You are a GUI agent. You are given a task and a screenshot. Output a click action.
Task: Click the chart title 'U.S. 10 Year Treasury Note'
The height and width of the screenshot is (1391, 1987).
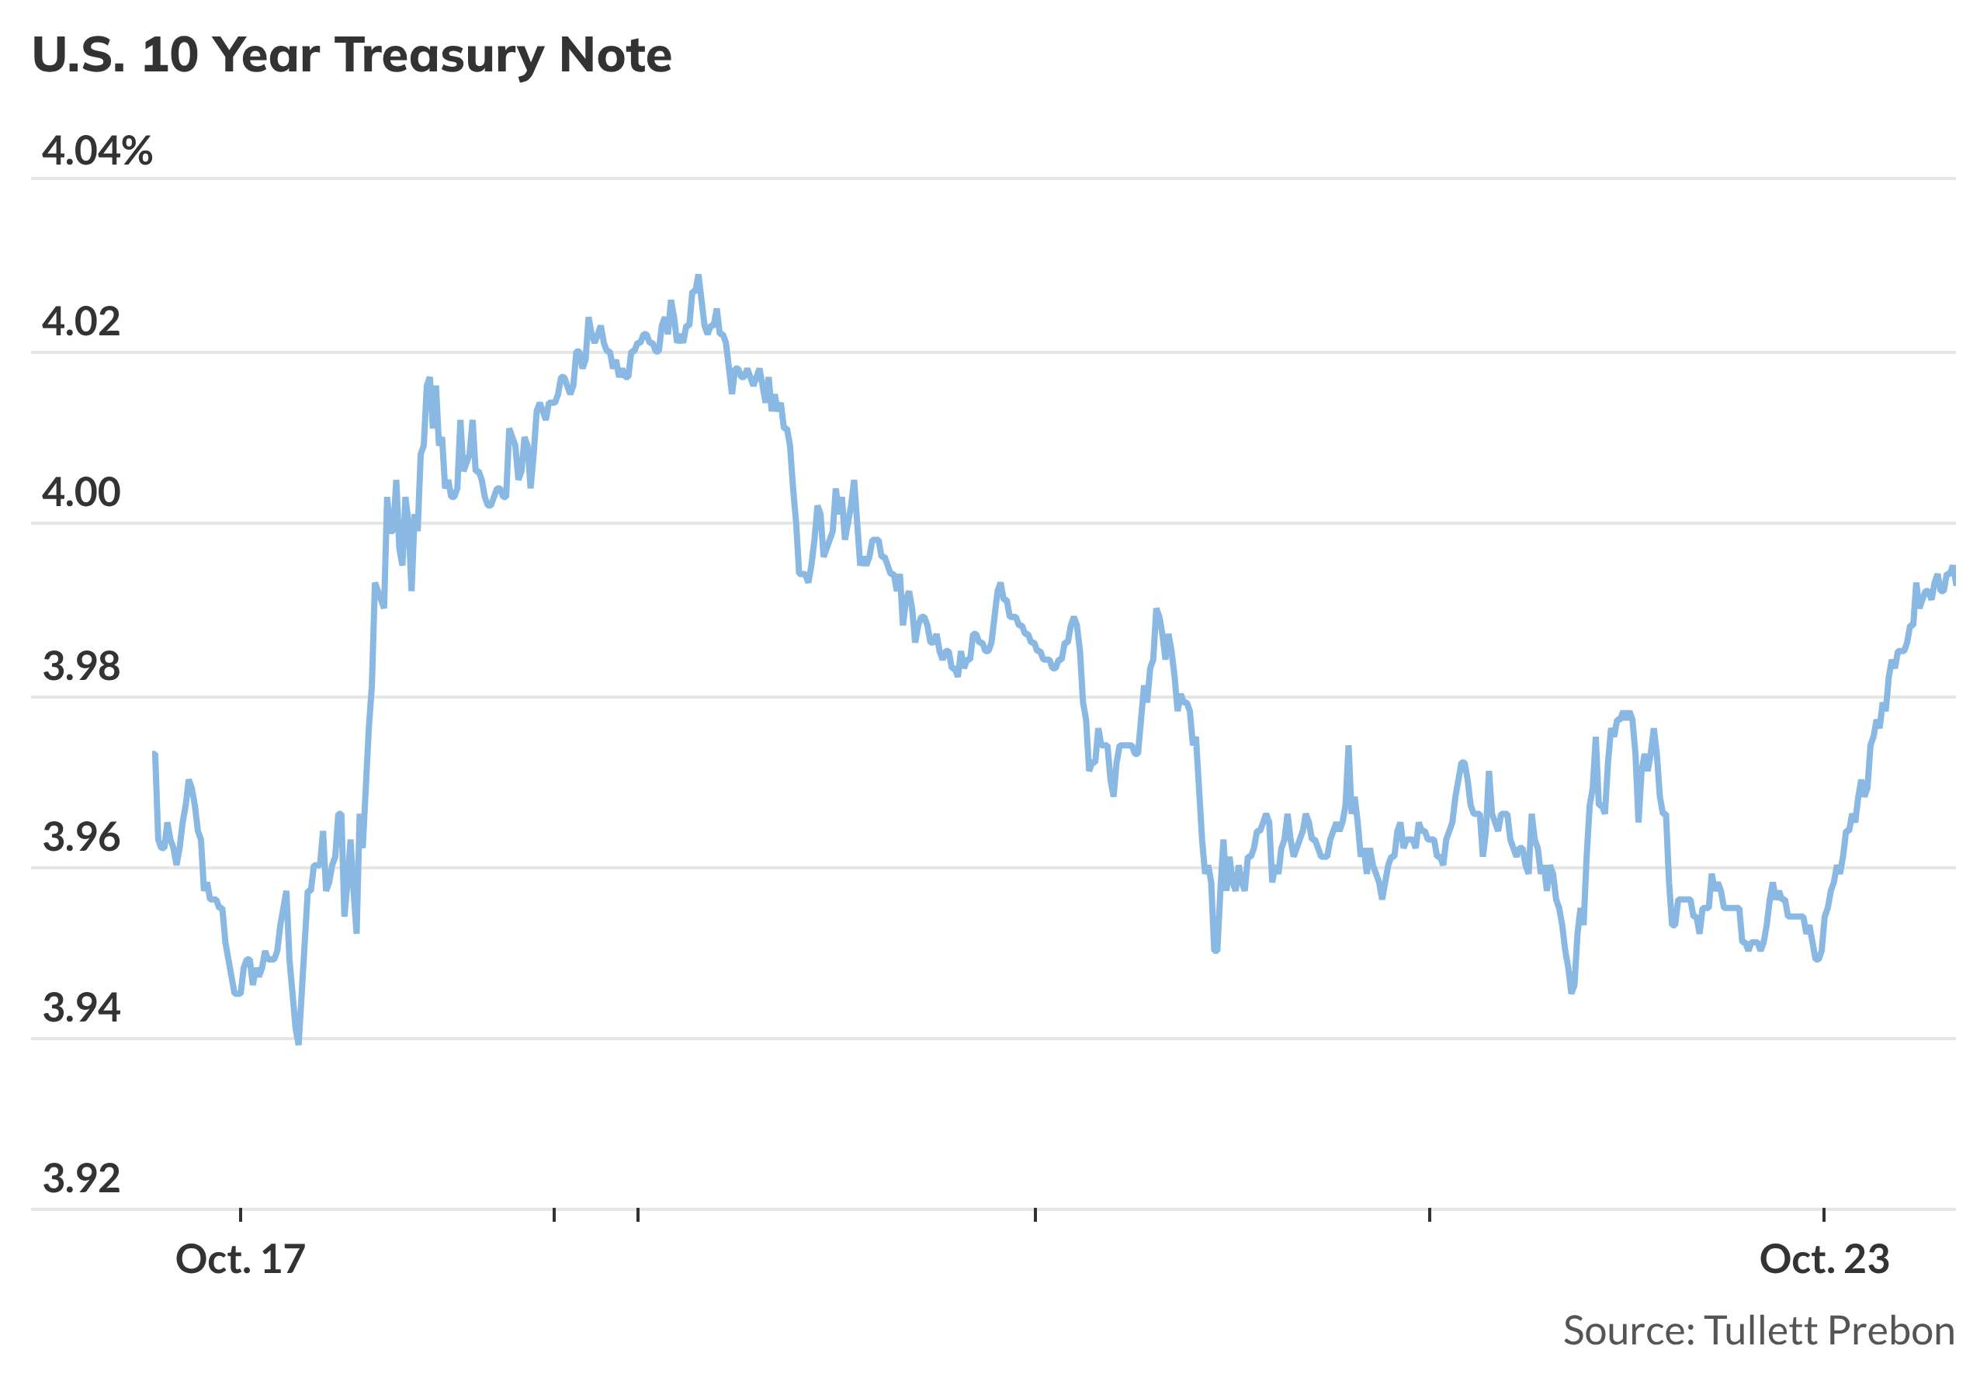pyautogui.click(x=352, y=55)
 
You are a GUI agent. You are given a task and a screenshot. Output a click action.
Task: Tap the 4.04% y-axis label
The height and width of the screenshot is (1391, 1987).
pyautogui.click(x=97, y=151)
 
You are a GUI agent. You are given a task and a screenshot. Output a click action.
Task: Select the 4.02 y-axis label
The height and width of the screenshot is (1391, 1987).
pyautogui.click(x=81, y=322)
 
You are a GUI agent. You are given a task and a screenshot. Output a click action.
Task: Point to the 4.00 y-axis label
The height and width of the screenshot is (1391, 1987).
pyautogui.click(x=81, y=493)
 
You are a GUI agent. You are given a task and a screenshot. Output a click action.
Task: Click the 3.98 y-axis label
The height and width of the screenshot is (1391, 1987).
pyautogui.click(x=81, y=667)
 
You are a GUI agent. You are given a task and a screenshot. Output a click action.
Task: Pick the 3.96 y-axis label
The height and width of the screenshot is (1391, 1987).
pyautogui.click(x=81, y=837)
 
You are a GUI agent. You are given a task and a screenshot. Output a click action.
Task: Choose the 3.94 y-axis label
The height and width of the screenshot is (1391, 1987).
pyautogui.click(x=81, y=1008)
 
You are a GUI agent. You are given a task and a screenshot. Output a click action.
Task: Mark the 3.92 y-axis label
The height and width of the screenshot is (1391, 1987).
pyautogui.click(x=81, y=1179)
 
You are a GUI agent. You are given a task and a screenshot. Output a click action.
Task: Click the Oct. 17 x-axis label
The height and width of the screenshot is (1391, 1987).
pyautogui.click(x=241, y=1260)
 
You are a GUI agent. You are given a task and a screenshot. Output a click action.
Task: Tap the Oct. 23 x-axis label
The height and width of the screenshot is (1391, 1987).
pyautogui.click(x=1823, y=1260)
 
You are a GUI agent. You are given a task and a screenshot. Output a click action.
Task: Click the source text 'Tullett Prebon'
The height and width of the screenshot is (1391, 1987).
pyautogui.click(x=1829, y=1331)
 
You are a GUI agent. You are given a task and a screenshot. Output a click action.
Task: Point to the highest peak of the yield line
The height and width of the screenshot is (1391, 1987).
pyautogui.click(x=699, y=277)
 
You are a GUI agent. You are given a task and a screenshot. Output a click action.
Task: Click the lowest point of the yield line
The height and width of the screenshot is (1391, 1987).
pyautogui.click(x=299, y=1043)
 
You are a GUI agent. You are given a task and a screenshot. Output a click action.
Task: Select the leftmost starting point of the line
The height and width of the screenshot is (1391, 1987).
pyautogui.click(x=154, y=754)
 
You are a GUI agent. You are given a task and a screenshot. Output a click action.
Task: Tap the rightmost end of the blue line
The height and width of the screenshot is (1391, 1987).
pyautogui.click(x=1954, y=584)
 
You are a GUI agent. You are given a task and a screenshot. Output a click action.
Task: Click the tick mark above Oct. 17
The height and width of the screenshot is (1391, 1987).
pyautogui.click(x=241, y=1216)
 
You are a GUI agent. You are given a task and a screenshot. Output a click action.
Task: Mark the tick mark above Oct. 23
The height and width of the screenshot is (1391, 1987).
pyautogui.click(x=1823, y=1216)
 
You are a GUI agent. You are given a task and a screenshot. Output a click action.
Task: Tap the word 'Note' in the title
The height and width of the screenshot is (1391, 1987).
pyautogui.click(x=616, y=55)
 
